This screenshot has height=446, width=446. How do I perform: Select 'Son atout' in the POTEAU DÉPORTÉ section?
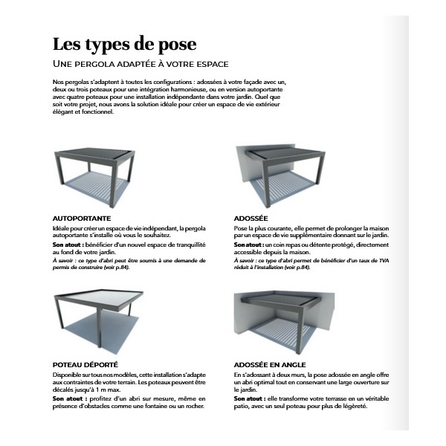[68, 399]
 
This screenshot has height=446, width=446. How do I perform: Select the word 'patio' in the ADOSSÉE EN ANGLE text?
[242, 406]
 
